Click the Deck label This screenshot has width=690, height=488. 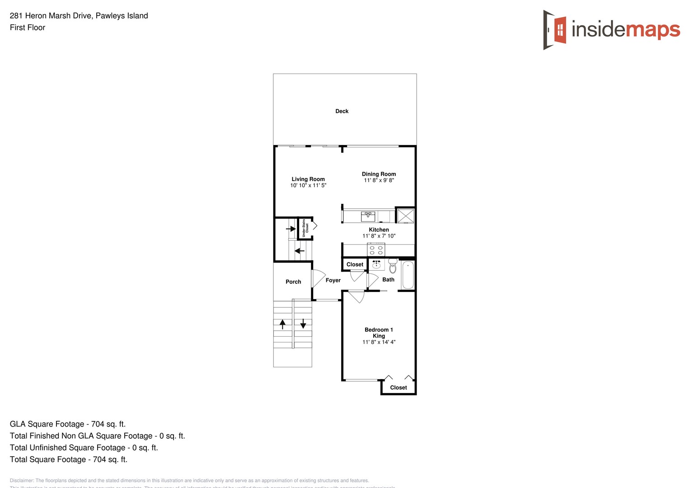pos(342,111)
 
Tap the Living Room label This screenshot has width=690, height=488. pos(308,179)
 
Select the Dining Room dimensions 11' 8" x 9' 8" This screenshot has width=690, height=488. pos(379,180)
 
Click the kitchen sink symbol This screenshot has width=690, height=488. pos(368,216)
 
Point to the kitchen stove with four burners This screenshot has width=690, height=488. pos(376,250)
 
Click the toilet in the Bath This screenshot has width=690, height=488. pos(393,267)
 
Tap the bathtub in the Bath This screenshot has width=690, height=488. pos(408,275)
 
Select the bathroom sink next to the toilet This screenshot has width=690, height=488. pos(376,264)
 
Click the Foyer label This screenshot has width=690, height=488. pos(333,280)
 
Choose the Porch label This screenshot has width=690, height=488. pos(293,282)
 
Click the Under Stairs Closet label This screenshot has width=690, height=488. pos(305,228)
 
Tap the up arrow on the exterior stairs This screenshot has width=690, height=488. pos(283,324)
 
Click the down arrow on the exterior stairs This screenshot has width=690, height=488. pos(303,324)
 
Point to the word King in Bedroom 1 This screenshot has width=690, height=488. pos(379,336)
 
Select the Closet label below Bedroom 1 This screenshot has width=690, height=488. pos(399,387)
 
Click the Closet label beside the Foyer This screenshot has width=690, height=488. pos(355,264)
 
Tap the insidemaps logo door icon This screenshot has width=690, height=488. pos(555,30)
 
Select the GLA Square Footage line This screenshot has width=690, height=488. pos(68,424)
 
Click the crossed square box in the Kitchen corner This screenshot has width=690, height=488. pos(405,216)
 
